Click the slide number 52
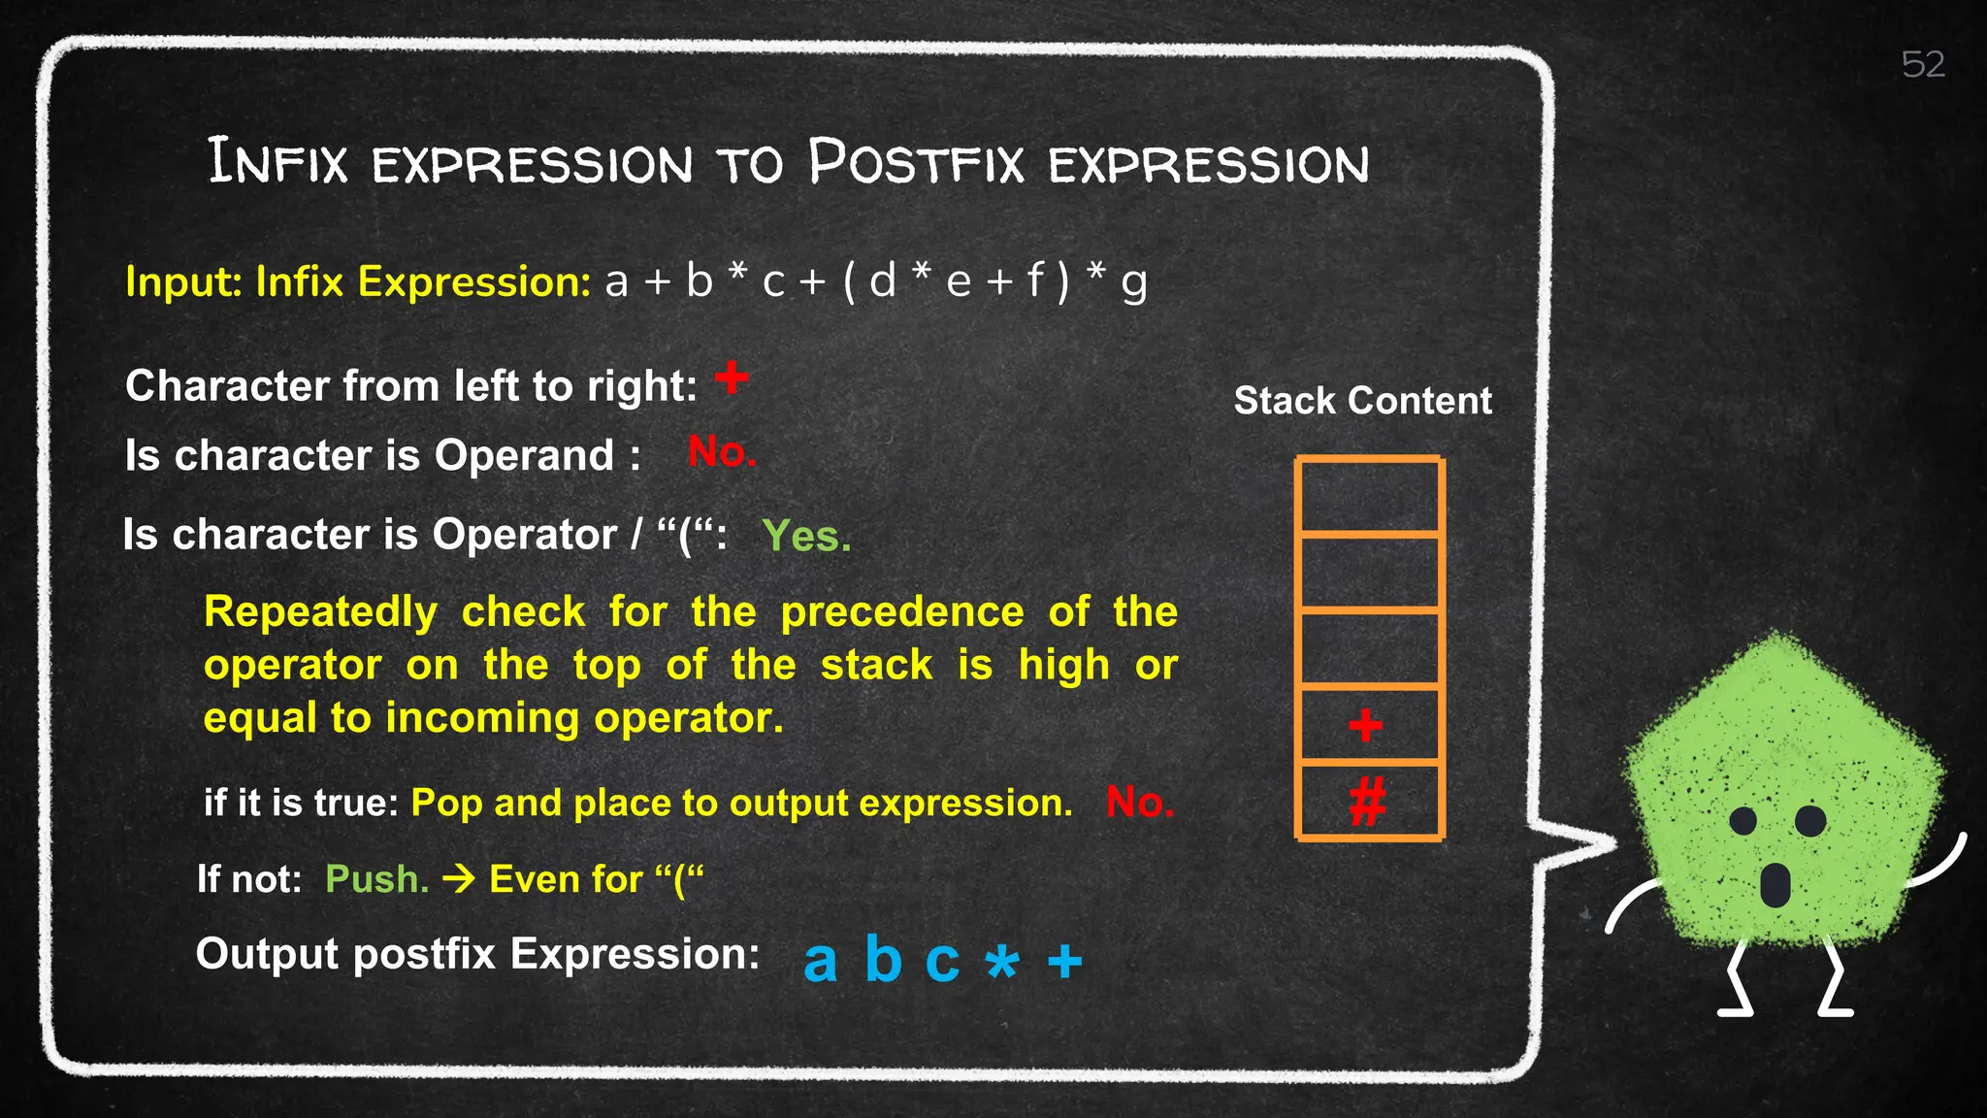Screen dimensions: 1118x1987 (x=1923, y=65)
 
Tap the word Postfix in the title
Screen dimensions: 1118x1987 (x=916, y=163)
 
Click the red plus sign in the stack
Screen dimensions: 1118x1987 (x=1365, y=725)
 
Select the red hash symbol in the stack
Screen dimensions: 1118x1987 (x=1367, y=803)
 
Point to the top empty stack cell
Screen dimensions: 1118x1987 (x=1369, y=496)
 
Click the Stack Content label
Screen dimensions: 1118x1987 (x=1362, y=401)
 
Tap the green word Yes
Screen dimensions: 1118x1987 (x=806, y=536)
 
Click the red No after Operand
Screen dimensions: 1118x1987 (x=721, y=452)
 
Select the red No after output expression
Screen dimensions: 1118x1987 (x=1139, y=803)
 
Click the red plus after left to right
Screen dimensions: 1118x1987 (x=733, y=378)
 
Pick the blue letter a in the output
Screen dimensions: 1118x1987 (x=820, y=961)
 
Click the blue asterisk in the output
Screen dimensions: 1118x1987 (x=1002, y=963)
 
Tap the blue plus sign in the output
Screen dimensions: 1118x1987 (x=1064, y=962)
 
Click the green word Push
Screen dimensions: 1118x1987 (x=376, y=879)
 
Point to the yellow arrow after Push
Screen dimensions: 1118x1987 (x=459, y=879)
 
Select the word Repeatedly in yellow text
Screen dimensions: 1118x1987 (x=320, y=612)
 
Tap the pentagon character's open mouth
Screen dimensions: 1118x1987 (x=1775, y=884)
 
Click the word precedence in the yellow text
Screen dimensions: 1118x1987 (x=901, y=612)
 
